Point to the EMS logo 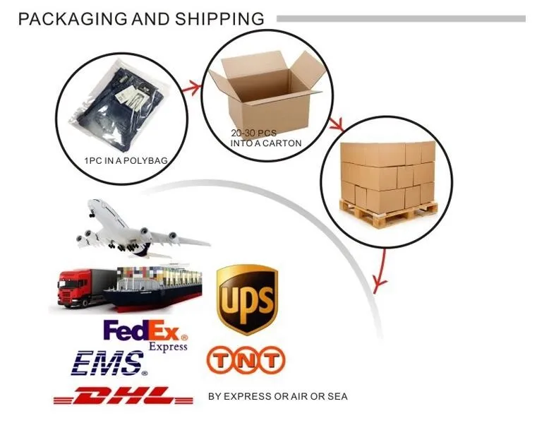111,363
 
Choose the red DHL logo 123,395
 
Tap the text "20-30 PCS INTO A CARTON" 265,138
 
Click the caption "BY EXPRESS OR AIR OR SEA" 277,396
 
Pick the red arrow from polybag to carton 189,88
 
